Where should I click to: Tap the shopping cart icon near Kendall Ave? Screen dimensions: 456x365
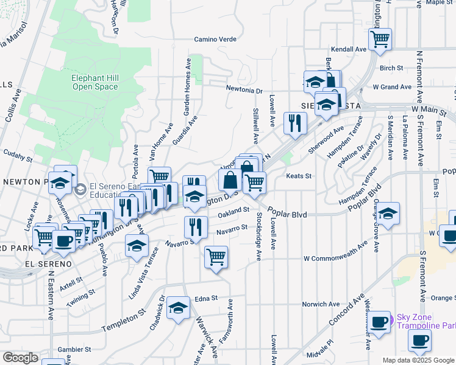(x=380, y=40)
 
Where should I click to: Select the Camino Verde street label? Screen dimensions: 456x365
(x=215, y=40)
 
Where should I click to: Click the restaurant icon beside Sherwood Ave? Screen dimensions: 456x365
(x=295, y=123)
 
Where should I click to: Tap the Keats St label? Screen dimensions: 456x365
(x=299, y=176)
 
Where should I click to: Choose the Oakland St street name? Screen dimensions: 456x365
(x=235, y=210)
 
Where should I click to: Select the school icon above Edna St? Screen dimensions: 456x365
(x=178, y=308)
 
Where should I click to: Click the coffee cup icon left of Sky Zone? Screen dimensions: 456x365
(x=380, y=322)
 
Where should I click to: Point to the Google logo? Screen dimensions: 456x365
(x=21, y=357)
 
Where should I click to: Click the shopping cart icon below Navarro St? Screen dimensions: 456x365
(x=216, y=257)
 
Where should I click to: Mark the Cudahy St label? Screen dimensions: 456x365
(x=18, y=158)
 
